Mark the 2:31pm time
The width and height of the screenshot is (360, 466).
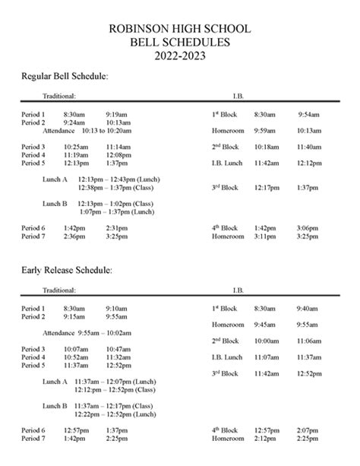pyautogui.click(x=116, y=227)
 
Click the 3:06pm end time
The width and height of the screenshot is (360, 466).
pyautogui.click(x=308, y=227)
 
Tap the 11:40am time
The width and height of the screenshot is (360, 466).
pyautogui.click(x=308, y=147)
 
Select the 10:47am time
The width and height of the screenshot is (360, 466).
pyautogui.click(x=117, y=349)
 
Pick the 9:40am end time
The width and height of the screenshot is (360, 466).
pyautogui.click(x=307, y=309)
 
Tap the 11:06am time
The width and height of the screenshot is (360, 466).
pyautogui.click(x=308, y=341)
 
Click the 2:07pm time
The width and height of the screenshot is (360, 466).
pyautogui.click(x=308, y=430)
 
